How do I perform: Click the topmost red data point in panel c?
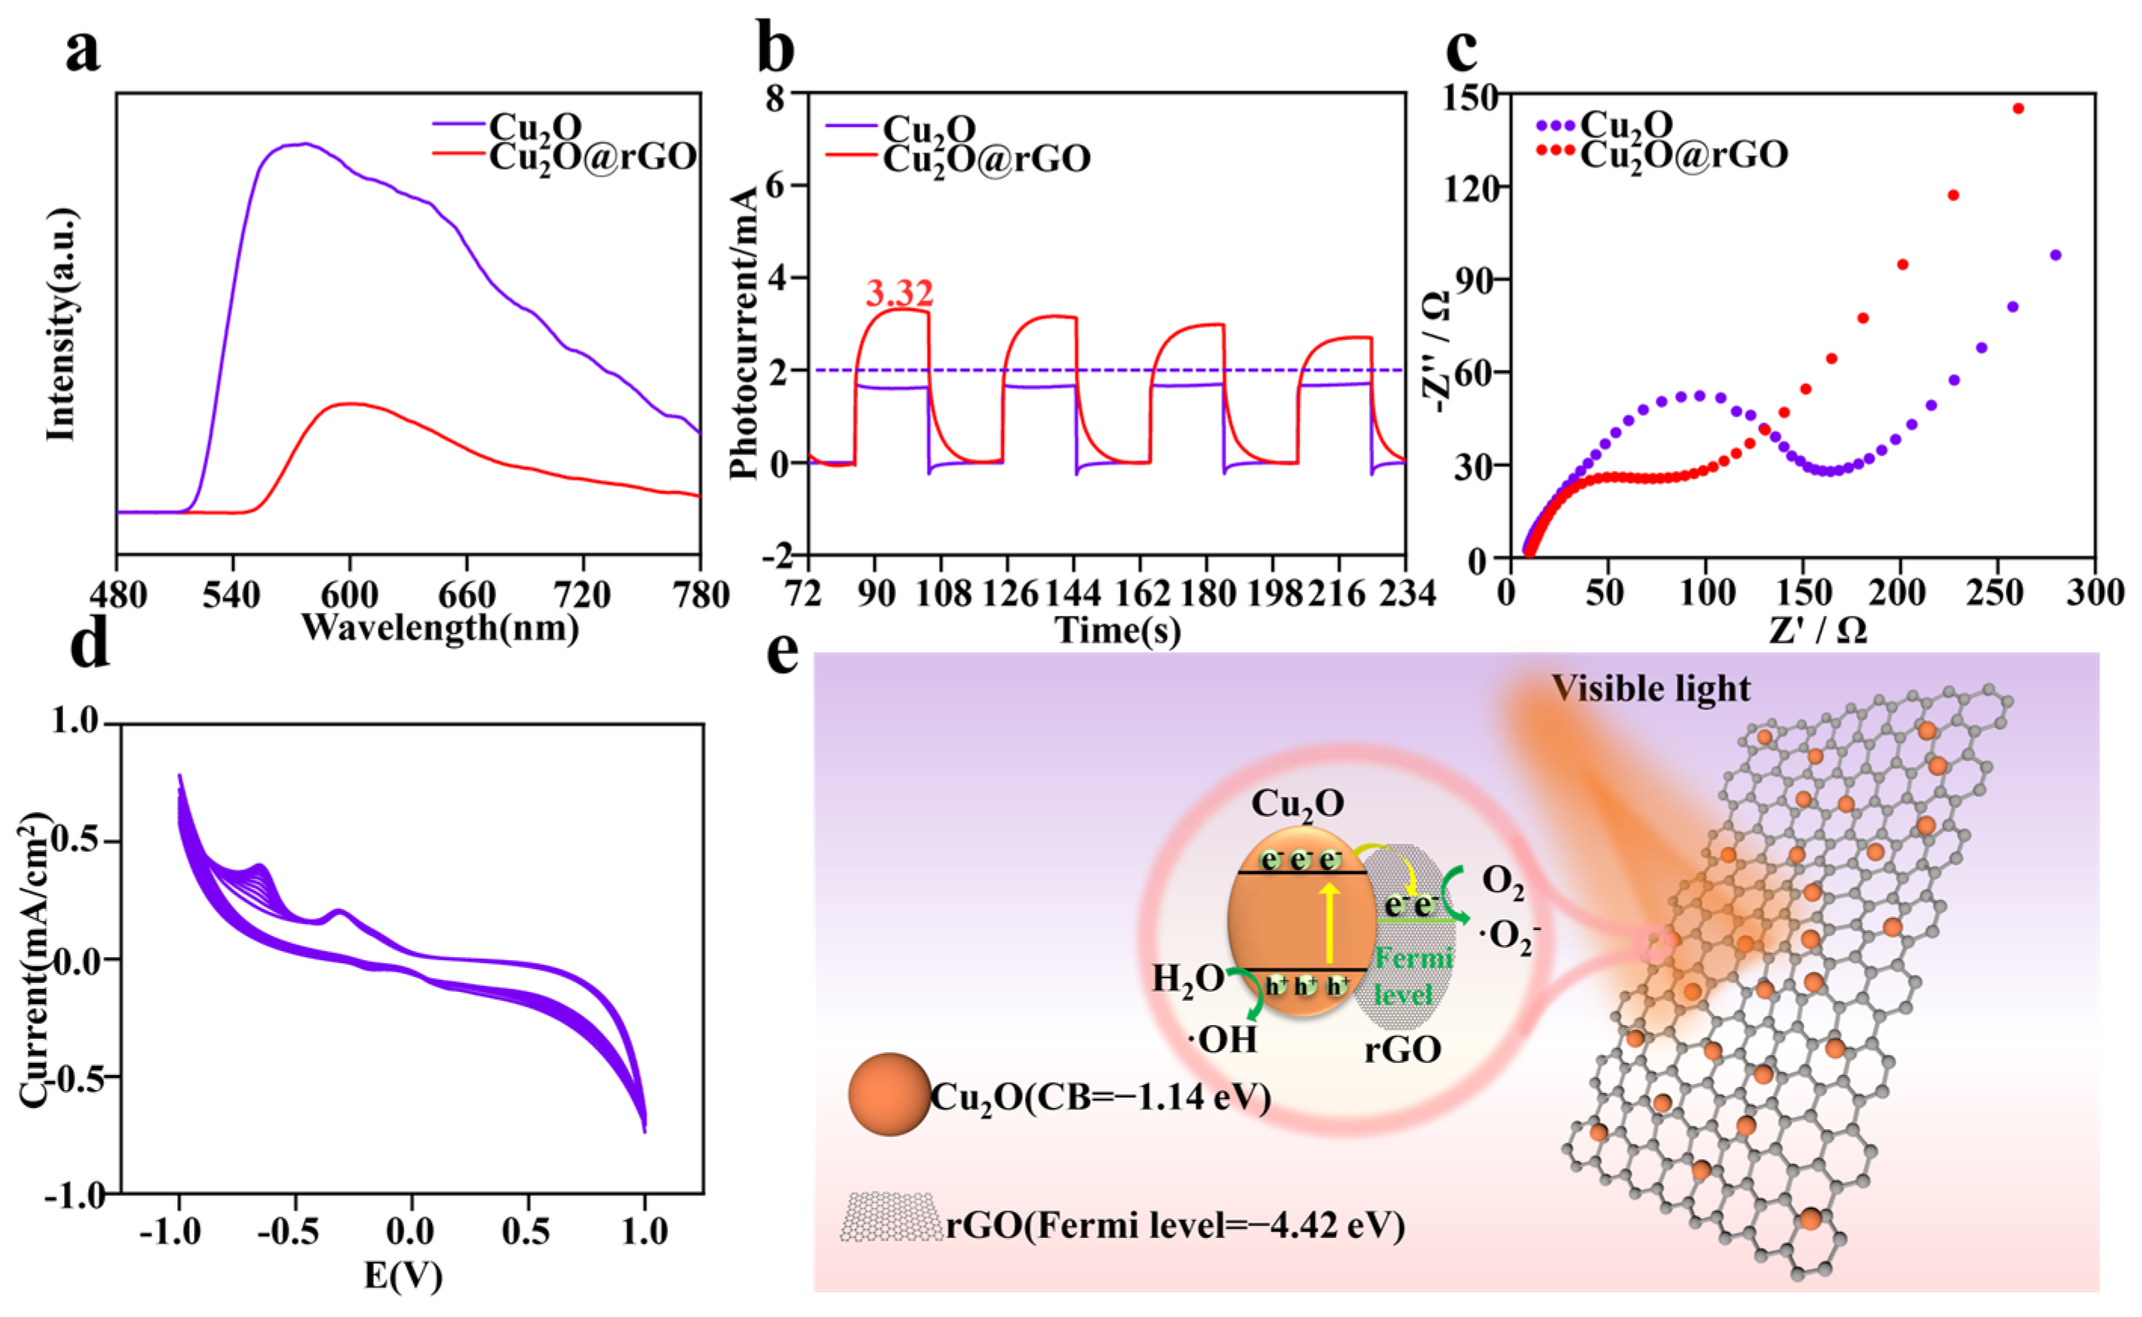pyautogui.click(x=2018, y=109)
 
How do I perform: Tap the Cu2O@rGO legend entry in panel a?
pyautogui.click(x=592, y=157)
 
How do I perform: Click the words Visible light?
pyautogui.click(x=1650, y=689)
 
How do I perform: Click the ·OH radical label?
pyautogui.click(x=1223, y=1039)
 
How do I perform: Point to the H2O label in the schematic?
pyautogui.click(x=1188, y=980)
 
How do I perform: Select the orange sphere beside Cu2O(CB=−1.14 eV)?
pyautogui.click(x=889, y=1095)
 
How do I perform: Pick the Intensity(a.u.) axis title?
pyautogui.click(x=61, y=324)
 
